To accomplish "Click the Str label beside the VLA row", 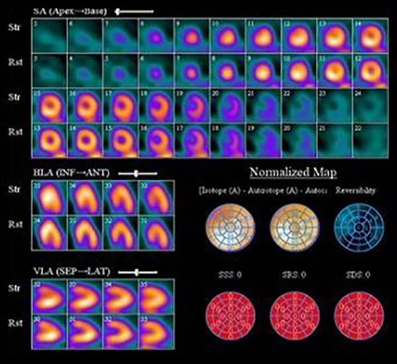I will tap(15, 289).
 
